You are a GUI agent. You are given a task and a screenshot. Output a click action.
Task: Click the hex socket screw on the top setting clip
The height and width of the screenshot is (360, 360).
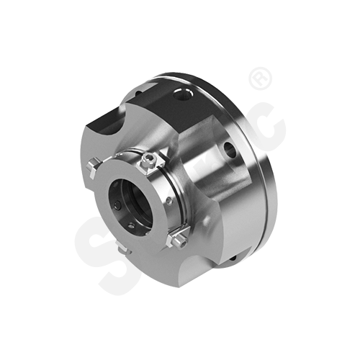point(149,160)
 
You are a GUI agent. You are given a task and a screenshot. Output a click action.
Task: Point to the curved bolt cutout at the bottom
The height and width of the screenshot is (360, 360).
point(166,277)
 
